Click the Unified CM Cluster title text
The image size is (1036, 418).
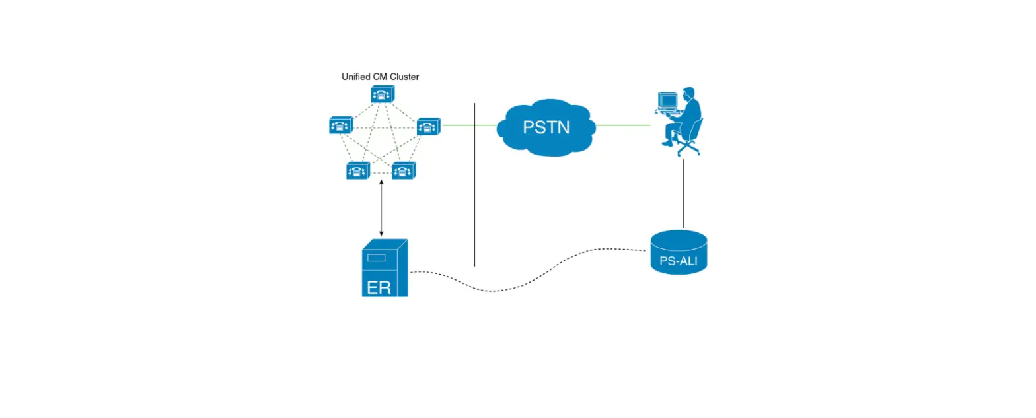pos(380,77)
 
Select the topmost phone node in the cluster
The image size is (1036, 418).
pos(382,95)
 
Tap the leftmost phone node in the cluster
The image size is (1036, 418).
pos(341,125)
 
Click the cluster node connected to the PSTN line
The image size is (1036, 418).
pos(428,125)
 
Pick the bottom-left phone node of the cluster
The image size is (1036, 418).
pos(358,171)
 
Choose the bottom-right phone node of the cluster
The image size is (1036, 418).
pos(404,171)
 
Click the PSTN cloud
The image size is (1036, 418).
pos(546,127)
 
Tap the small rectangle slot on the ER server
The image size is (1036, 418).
pos(377,258)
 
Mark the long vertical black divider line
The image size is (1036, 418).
pos(474,185)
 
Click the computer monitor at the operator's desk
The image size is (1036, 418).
pos(667,101)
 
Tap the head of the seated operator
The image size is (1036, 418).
pos(688,93)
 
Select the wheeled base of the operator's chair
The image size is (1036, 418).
pos(688,149)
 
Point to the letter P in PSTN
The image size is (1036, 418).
pos(529,127)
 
